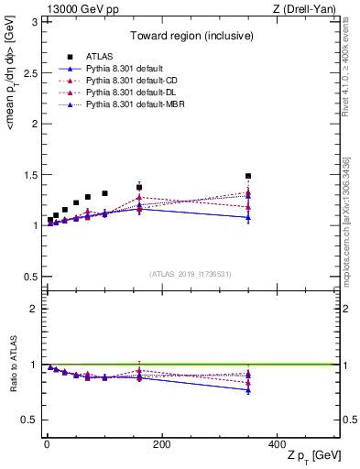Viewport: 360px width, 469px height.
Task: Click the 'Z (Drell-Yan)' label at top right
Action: pyautogui.click(x=305, y=8)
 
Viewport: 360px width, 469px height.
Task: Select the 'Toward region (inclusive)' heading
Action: pyautogui.click(x=191, y=38)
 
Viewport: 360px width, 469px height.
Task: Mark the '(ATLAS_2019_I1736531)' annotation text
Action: pyautogui.click(x=191, y=274)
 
